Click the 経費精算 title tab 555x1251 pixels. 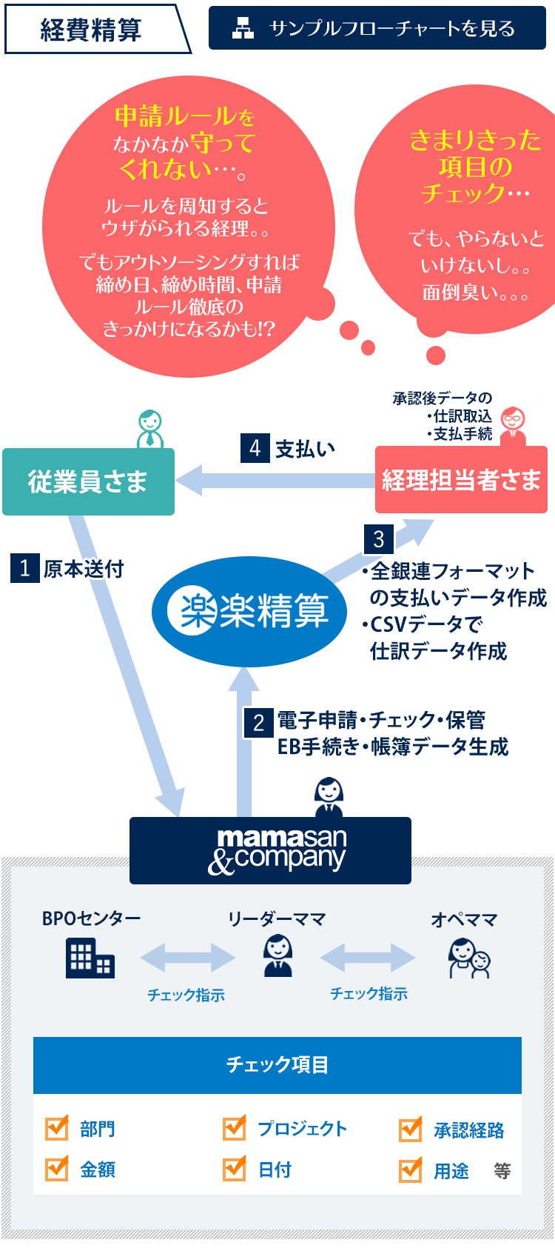coord(92,30)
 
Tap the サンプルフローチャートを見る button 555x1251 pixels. coord(377,28)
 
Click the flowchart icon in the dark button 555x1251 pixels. coord(243,28)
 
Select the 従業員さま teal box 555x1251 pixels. coord(88,481)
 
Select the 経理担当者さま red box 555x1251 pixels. coord(461,480)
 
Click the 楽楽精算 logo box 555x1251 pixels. coord(249,612)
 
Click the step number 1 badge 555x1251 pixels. coord(24,569)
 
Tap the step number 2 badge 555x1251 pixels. coord(258,722)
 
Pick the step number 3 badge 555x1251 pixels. coord(378,539)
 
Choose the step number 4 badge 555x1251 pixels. coord(255,448)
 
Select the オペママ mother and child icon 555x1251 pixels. coord(468,958)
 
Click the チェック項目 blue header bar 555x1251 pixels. coord(277,1065)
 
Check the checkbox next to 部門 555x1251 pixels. coord(57,1129)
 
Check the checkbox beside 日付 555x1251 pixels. coord(235,1170)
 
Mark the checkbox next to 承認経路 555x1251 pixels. coord(411,1130)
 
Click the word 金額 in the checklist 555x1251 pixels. coord(98,1170)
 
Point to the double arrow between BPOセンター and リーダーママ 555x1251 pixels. coord(187,958)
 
